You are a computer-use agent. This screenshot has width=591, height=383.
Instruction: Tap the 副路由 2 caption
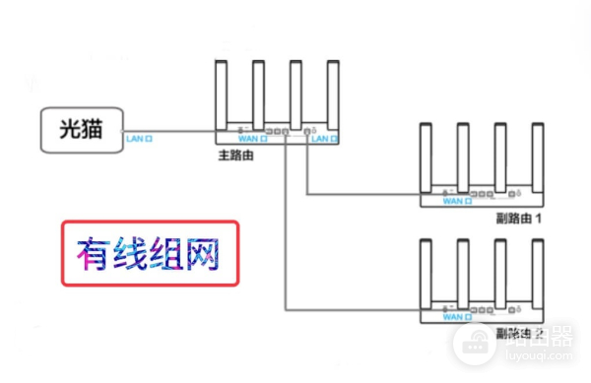[x=519, y=332]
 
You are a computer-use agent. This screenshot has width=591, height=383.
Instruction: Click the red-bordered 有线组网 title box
[x=150, y=253]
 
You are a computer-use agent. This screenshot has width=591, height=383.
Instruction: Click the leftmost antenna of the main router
[x=222, y=95]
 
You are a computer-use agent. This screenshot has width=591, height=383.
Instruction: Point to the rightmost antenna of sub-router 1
[x=537, y=156]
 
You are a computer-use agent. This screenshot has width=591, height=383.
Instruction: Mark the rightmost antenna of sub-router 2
[x=537, y=271]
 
